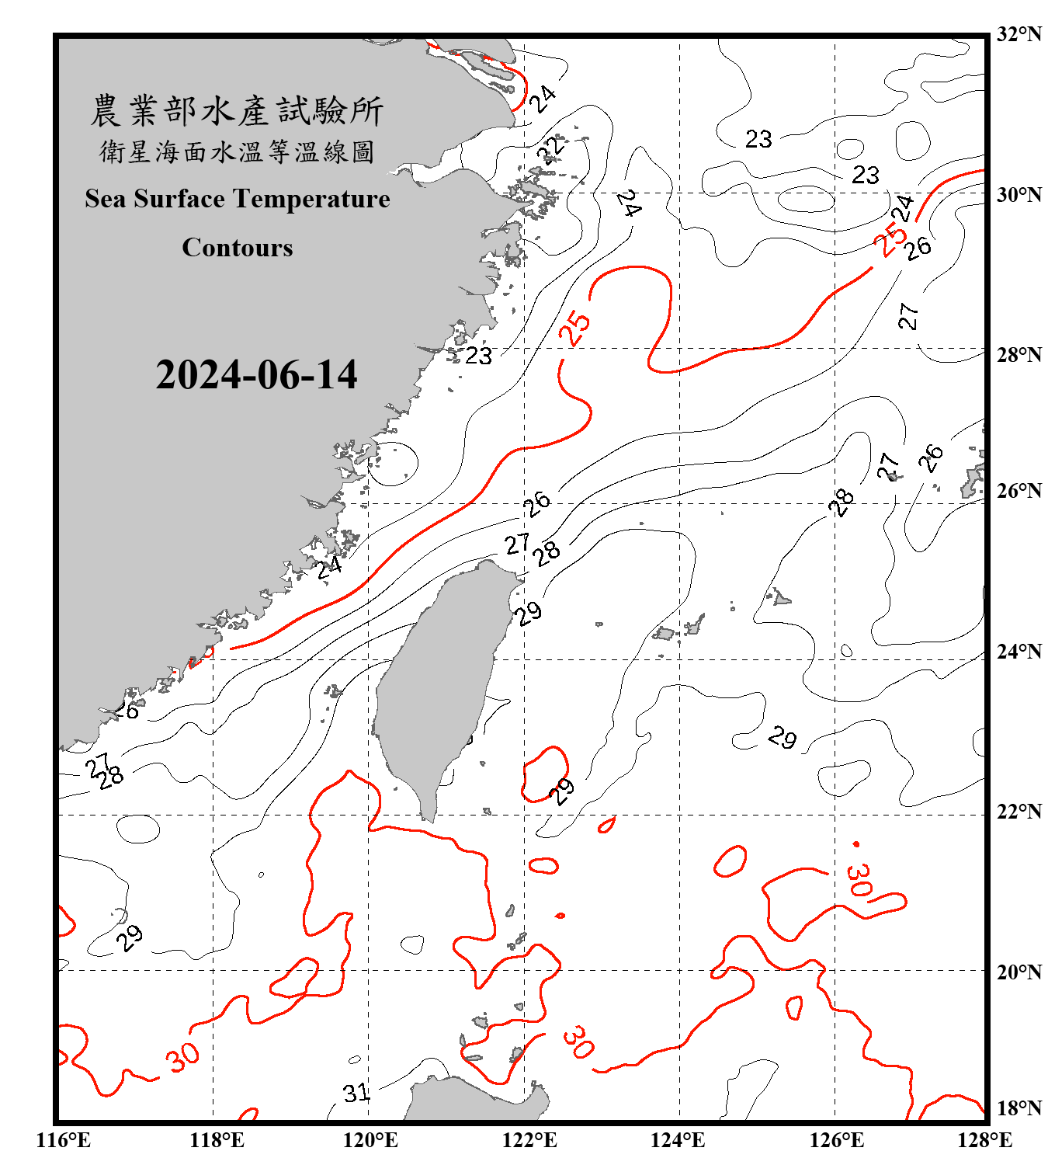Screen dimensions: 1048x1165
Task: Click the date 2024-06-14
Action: pyautogui.click(x=256, y=375)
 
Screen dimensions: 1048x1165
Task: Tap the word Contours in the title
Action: pyautogui.click(x=238, y=248)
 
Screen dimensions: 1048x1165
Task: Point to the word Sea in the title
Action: pyautogui.click(x=105, y=199)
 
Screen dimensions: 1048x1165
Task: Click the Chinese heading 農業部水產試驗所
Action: pyautogui.click(x=237, y=111)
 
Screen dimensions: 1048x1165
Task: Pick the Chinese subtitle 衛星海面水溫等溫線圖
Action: pyautogui.click(x=237, y=151)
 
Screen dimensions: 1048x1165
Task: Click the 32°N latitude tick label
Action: pyautogui.click(x=1019, y=34)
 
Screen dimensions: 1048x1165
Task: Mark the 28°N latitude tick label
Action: pyautogui.click(x=1019, y=355)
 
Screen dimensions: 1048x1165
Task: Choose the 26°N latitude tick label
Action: pyautogui.click(x=1019, y=491)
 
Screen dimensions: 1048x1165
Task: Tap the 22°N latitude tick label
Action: pyautogui.click(x=1019, y=812)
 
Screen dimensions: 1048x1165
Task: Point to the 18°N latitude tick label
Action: pyautogui.click(x=1019, y=1108)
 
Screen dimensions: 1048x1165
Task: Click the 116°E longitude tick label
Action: pyautogui.click(x=64, y=1140)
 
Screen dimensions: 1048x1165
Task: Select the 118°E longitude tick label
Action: pyautogui.click(x=217, y=1140)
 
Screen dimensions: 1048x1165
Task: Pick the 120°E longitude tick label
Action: pyautogui.click(x=370, y=1140)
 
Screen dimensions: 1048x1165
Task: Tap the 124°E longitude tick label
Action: pyautogui.click(x=678, y=1140)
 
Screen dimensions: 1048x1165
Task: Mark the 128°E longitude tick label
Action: pyautogui.click(x=984, y=1140)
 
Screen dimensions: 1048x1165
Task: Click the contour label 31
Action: pyautogui.click(x=356, y=1093)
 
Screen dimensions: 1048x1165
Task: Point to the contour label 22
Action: pyautogui.click(x=551, y=148)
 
